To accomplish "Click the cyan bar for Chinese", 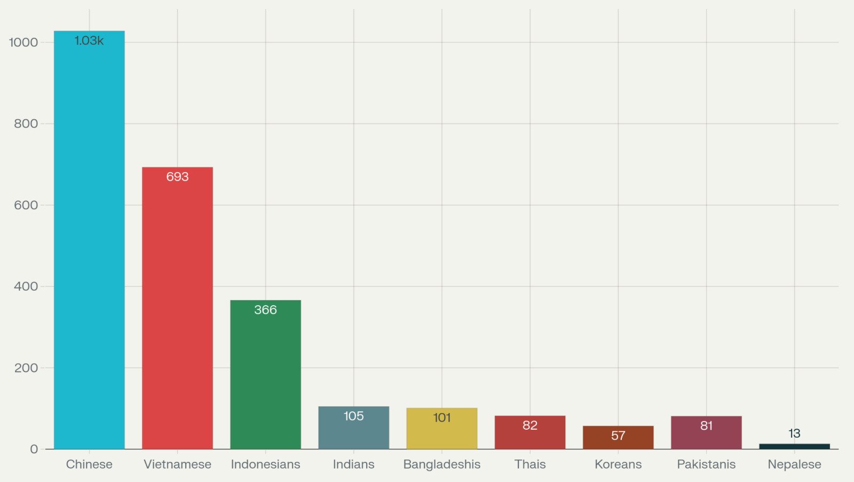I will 89,240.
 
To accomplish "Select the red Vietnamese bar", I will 177,310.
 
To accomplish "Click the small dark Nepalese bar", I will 794,446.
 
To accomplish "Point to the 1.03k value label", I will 89,41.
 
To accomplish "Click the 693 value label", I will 177,177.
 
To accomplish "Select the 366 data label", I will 265,310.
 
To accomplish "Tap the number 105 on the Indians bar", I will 353,416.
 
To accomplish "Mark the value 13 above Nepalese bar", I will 794,433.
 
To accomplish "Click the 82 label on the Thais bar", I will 530,425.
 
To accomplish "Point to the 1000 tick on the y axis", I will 24,42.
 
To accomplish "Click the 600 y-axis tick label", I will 26,205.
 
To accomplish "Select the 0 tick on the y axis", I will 34,449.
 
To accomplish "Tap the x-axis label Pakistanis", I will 706,464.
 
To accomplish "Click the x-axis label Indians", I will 353,464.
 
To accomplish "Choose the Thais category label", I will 530,464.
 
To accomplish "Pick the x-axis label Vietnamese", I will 177,464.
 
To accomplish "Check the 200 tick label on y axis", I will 26,368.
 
